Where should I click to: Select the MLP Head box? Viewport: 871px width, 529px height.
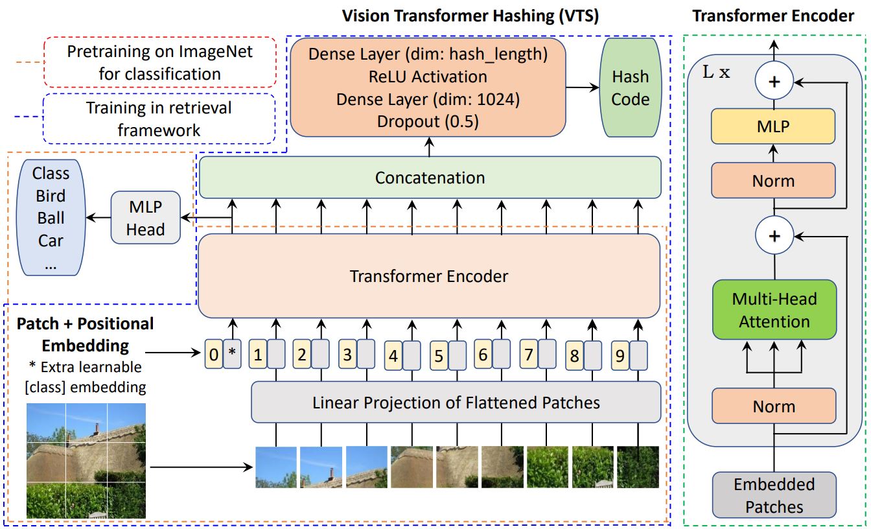[x=145, y=217]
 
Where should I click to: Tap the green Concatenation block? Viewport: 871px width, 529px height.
[x=430, y=177]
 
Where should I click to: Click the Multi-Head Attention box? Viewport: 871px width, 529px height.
[x=774, y=310]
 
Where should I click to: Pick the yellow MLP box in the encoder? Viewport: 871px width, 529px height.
[x=774, y=126]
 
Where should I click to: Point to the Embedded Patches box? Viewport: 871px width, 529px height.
[x=774, y=495]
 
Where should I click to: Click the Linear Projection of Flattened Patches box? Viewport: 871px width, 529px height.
[x=456, y=403]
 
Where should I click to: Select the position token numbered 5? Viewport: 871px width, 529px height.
[x=439, y=355]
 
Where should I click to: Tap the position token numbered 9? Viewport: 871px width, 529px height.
[x=620, y=355]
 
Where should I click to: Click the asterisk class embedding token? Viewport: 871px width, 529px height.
[x=231, y=355]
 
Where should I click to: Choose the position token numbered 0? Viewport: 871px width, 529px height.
[x=213, y=355]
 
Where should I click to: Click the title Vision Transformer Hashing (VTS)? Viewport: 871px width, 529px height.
[x=470, y=16]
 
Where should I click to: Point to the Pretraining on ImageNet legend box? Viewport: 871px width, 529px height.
[x=159, y=63]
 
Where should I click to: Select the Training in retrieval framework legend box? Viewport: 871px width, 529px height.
[x=159, y=119]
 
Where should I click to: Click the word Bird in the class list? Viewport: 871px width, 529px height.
[x=51, y=196]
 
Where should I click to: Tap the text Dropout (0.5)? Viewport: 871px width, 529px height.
[x=428, y=122]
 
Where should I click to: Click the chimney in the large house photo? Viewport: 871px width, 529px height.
[x=96, y=429]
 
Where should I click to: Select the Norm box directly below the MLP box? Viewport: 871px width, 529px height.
[x=774, y=180]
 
